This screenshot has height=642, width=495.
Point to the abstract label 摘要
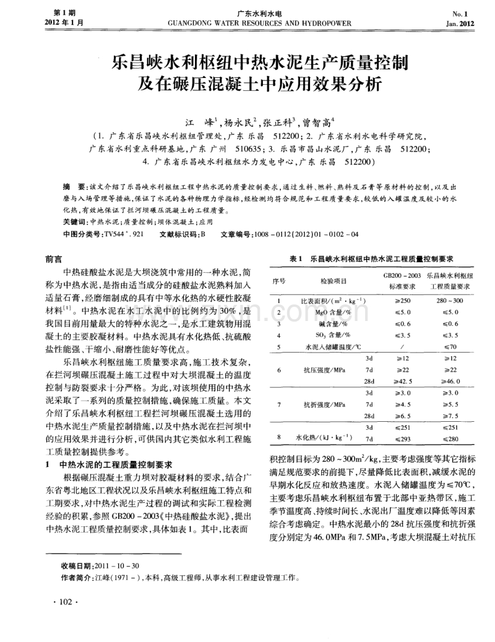pyautogui.click(x=72, y=186)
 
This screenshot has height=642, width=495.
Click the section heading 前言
pyautogui.click(x=54, y=259)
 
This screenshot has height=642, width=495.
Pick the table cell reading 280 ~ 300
pyautogui.click(x=449, y=300)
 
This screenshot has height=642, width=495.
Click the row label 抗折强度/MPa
pyautogui.click(x=324, y=404)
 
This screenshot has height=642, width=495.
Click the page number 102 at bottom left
pyautogui.click(x=64, y=602)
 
